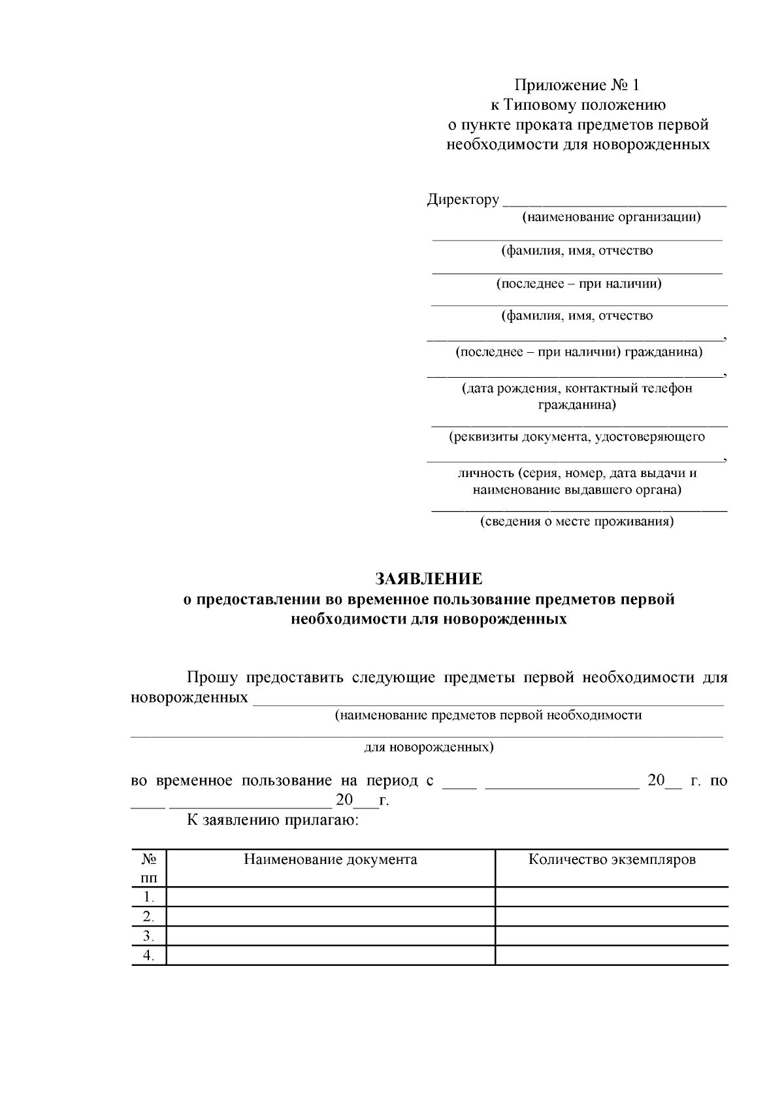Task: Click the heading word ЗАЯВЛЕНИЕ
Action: point(429,579)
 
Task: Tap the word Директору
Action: point(463,200)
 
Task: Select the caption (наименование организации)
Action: point(611,218)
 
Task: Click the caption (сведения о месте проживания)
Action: point(577,521)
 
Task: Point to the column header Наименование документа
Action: point(331,859)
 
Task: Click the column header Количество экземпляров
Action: point(612,859)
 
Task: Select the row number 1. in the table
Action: point(149,897)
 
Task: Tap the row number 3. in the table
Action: point(149,936)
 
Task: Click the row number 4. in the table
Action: point(149,956)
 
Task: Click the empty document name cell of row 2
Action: point(331,916)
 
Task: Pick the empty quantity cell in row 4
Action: point(612,956)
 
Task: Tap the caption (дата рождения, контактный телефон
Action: point(577,389)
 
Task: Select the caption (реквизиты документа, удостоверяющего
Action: point(577,437)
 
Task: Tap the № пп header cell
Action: point(149,868)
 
